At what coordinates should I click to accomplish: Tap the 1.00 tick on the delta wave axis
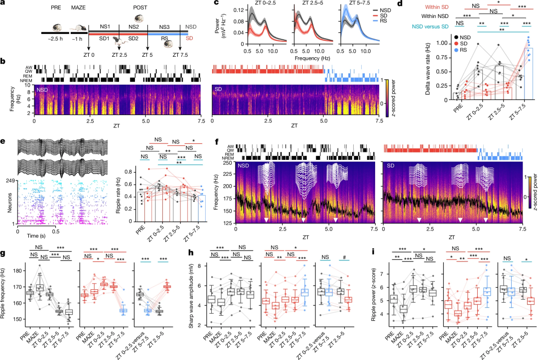coord(441,43)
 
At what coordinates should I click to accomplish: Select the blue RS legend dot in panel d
coord(456,51)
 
